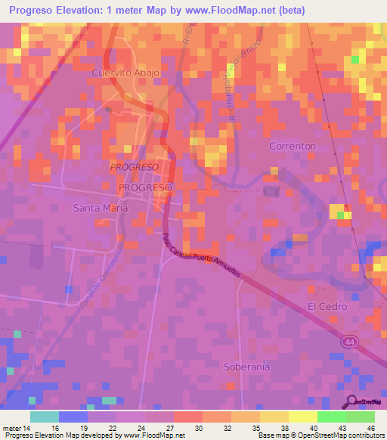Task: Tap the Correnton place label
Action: [292, 145]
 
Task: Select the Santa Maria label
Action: [99, 207]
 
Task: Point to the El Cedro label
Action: [327, 306]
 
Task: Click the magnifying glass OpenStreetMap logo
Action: [351, 402]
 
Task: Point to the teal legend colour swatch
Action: [45, 417]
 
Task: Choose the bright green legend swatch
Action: [331, 417]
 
